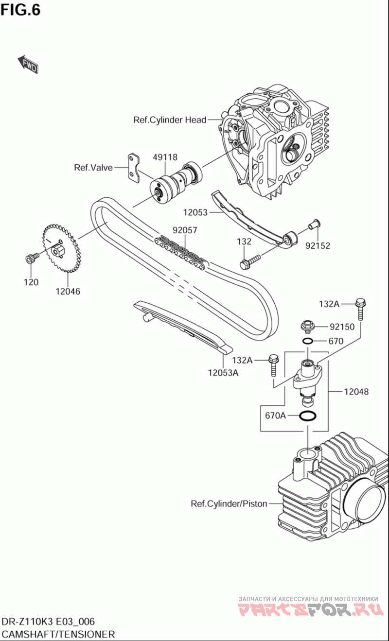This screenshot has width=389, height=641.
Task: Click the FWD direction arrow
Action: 28,64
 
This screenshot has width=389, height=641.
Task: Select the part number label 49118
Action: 165,157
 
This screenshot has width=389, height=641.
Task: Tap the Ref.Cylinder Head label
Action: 170,120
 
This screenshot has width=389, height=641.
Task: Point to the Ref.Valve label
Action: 93,168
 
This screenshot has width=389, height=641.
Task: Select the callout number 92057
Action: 185,230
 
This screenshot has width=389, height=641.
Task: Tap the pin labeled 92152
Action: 314,225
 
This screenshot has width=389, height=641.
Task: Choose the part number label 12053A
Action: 223,373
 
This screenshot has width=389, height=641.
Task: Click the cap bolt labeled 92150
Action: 307,326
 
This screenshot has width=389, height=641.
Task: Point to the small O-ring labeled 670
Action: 307,341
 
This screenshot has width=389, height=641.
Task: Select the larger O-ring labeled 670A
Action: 307,416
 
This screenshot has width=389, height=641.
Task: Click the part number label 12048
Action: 356,391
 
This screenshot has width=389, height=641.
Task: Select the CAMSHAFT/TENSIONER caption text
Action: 58,634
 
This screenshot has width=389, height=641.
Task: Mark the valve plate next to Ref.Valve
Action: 134,168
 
